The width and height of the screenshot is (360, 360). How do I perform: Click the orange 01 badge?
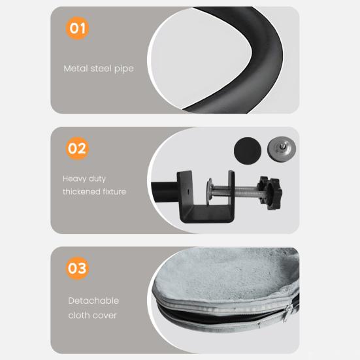click(77, 28)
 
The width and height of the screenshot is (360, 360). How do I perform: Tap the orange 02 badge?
click(77, 148)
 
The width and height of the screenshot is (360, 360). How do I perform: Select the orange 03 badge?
click(77, 268)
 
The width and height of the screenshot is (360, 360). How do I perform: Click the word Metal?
click(76, 69)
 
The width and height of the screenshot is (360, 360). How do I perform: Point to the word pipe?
click(124, 69)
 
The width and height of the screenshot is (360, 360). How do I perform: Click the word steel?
click(101, 69)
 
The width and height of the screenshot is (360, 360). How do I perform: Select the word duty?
click(97, 179)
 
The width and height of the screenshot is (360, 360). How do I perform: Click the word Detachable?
click(93, 301)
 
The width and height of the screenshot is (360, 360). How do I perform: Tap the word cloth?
click(79, 316)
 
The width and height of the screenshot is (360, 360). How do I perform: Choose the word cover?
click(105, 316)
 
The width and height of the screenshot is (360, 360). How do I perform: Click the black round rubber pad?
click(248, 151)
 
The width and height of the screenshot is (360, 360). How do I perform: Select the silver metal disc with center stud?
click(282, 148)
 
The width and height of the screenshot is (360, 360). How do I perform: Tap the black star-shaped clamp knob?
click(270, 193)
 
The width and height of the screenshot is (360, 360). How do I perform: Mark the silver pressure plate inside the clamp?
click(210, 191)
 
